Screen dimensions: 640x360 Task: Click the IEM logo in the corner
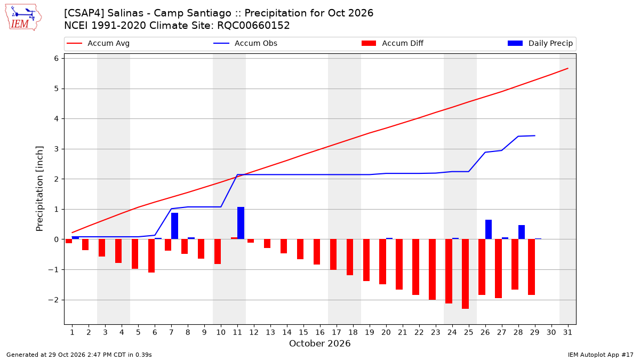point(23,18)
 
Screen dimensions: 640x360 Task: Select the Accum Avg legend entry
point(98,43)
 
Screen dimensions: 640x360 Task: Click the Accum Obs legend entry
point(245,43)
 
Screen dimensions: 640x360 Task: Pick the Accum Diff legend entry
point(393,43)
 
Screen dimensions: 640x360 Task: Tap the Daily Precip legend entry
point(540,43)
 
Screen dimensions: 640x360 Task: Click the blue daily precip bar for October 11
point(241,223)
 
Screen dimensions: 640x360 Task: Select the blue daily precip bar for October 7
point(174,226)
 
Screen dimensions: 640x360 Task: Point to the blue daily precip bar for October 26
point(489,229)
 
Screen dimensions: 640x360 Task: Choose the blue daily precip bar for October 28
point(522,233)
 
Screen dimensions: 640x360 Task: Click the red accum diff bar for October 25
point(465,274)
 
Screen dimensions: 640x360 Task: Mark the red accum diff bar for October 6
point(151,256)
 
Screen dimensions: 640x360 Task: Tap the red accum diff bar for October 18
point(350,257)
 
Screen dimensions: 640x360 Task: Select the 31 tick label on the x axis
point(567,332)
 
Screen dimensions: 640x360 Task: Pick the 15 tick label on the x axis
point(303,332)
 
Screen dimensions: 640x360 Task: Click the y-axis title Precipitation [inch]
point(39,189)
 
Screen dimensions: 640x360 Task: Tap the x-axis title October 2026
point(319,343)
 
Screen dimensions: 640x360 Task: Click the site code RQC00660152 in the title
point(253,26)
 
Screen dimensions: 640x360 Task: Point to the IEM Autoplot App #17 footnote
point(601,355)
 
